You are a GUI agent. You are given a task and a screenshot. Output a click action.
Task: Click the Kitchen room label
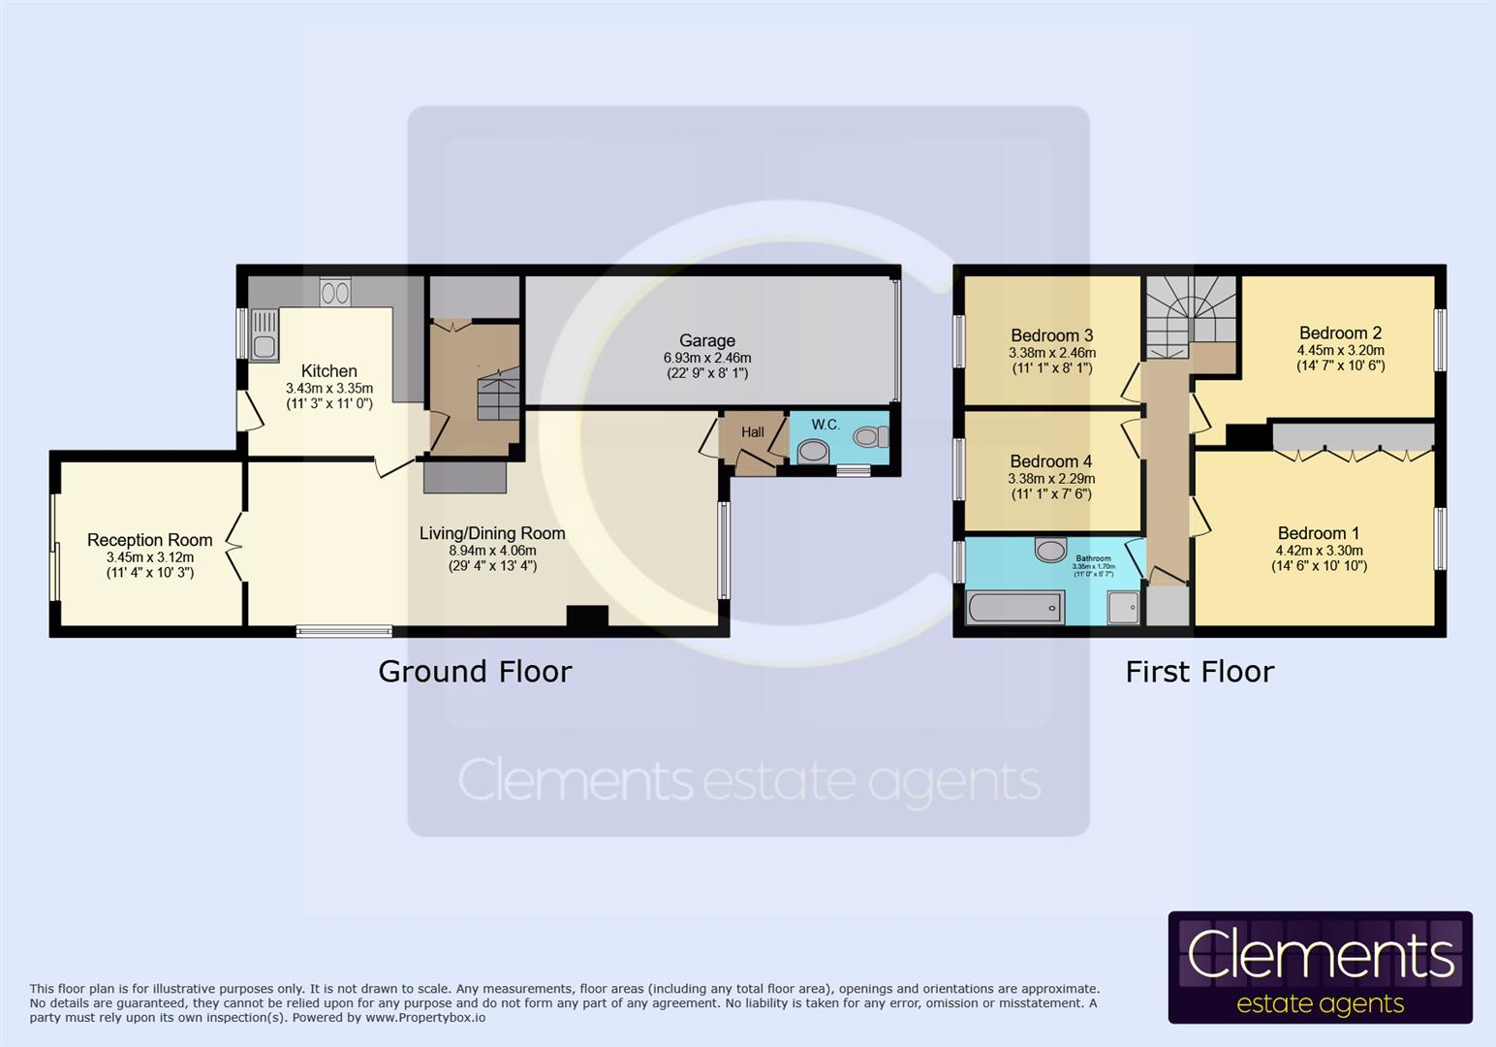328,371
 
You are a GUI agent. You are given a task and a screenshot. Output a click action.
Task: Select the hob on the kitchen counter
335,292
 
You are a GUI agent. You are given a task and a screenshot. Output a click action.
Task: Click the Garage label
706,340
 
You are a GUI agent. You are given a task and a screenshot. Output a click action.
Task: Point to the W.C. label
825,425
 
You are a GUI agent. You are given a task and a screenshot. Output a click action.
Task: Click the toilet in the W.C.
870,437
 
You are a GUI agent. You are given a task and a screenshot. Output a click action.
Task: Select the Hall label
752,432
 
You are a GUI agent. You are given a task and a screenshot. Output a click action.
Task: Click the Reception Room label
149,540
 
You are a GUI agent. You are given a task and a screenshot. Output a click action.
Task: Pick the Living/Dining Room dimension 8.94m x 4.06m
491,551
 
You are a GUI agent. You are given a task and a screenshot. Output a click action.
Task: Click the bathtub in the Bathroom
1014,609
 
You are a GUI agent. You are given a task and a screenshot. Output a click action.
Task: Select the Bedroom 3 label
1051,335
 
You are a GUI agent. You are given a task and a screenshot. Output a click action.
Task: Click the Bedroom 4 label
1050,461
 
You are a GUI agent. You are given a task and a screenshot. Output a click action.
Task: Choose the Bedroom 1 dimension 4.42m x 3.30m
1319,550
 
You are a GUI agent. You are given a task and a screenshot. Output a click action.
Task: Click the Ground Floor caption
475,671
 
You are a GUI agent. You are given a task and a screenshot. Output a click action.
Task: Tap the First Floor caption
1200,671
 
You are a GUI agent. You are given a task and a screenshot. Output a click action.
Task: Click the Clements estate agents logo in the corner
1320,968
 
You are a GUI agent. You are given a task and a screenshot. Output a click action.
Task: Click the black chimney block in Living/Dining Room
587,617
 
